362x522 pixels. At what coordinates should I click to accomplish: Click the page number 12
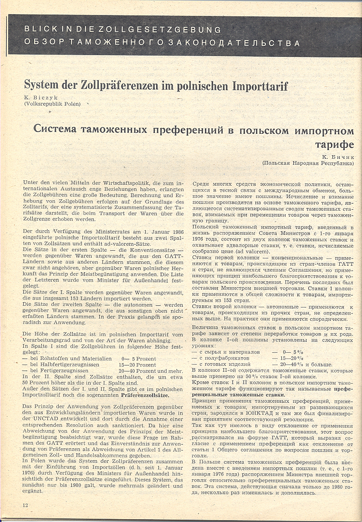tap(26, 505)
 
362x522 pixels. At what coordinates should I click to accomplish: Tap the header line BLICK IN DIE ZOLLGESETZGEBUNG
tap(122, 30)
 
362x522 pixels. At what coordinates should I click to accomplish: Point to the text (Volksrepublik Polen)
tap(52, 104)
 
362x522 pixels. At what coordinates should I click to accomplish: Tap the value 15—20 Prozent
tap(137, 365)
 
